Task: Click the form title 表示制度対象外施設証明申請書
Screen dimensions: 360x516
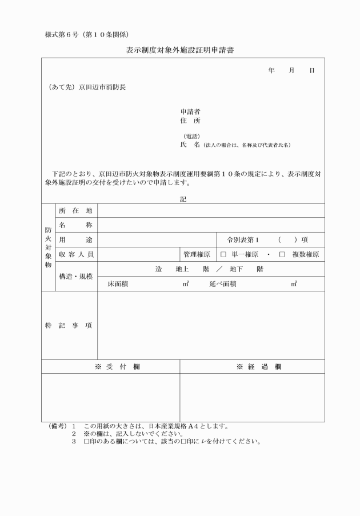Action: (x=179, y=50)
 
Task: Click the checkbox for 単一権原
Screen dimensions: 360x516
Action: (x=224, y=254)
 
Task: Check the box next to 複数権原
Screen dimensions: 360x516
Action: (x=282, y=254)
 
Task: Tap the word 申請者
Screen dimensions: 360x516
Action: (x=190, y=111)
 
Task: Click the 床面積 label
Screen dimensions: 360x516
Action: (x=118, y=283)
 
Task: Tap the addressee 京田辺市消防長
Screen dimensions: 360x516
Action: (x=102, y=87)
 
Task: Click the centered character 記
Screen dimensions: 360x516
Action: (x=183, y=199)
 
